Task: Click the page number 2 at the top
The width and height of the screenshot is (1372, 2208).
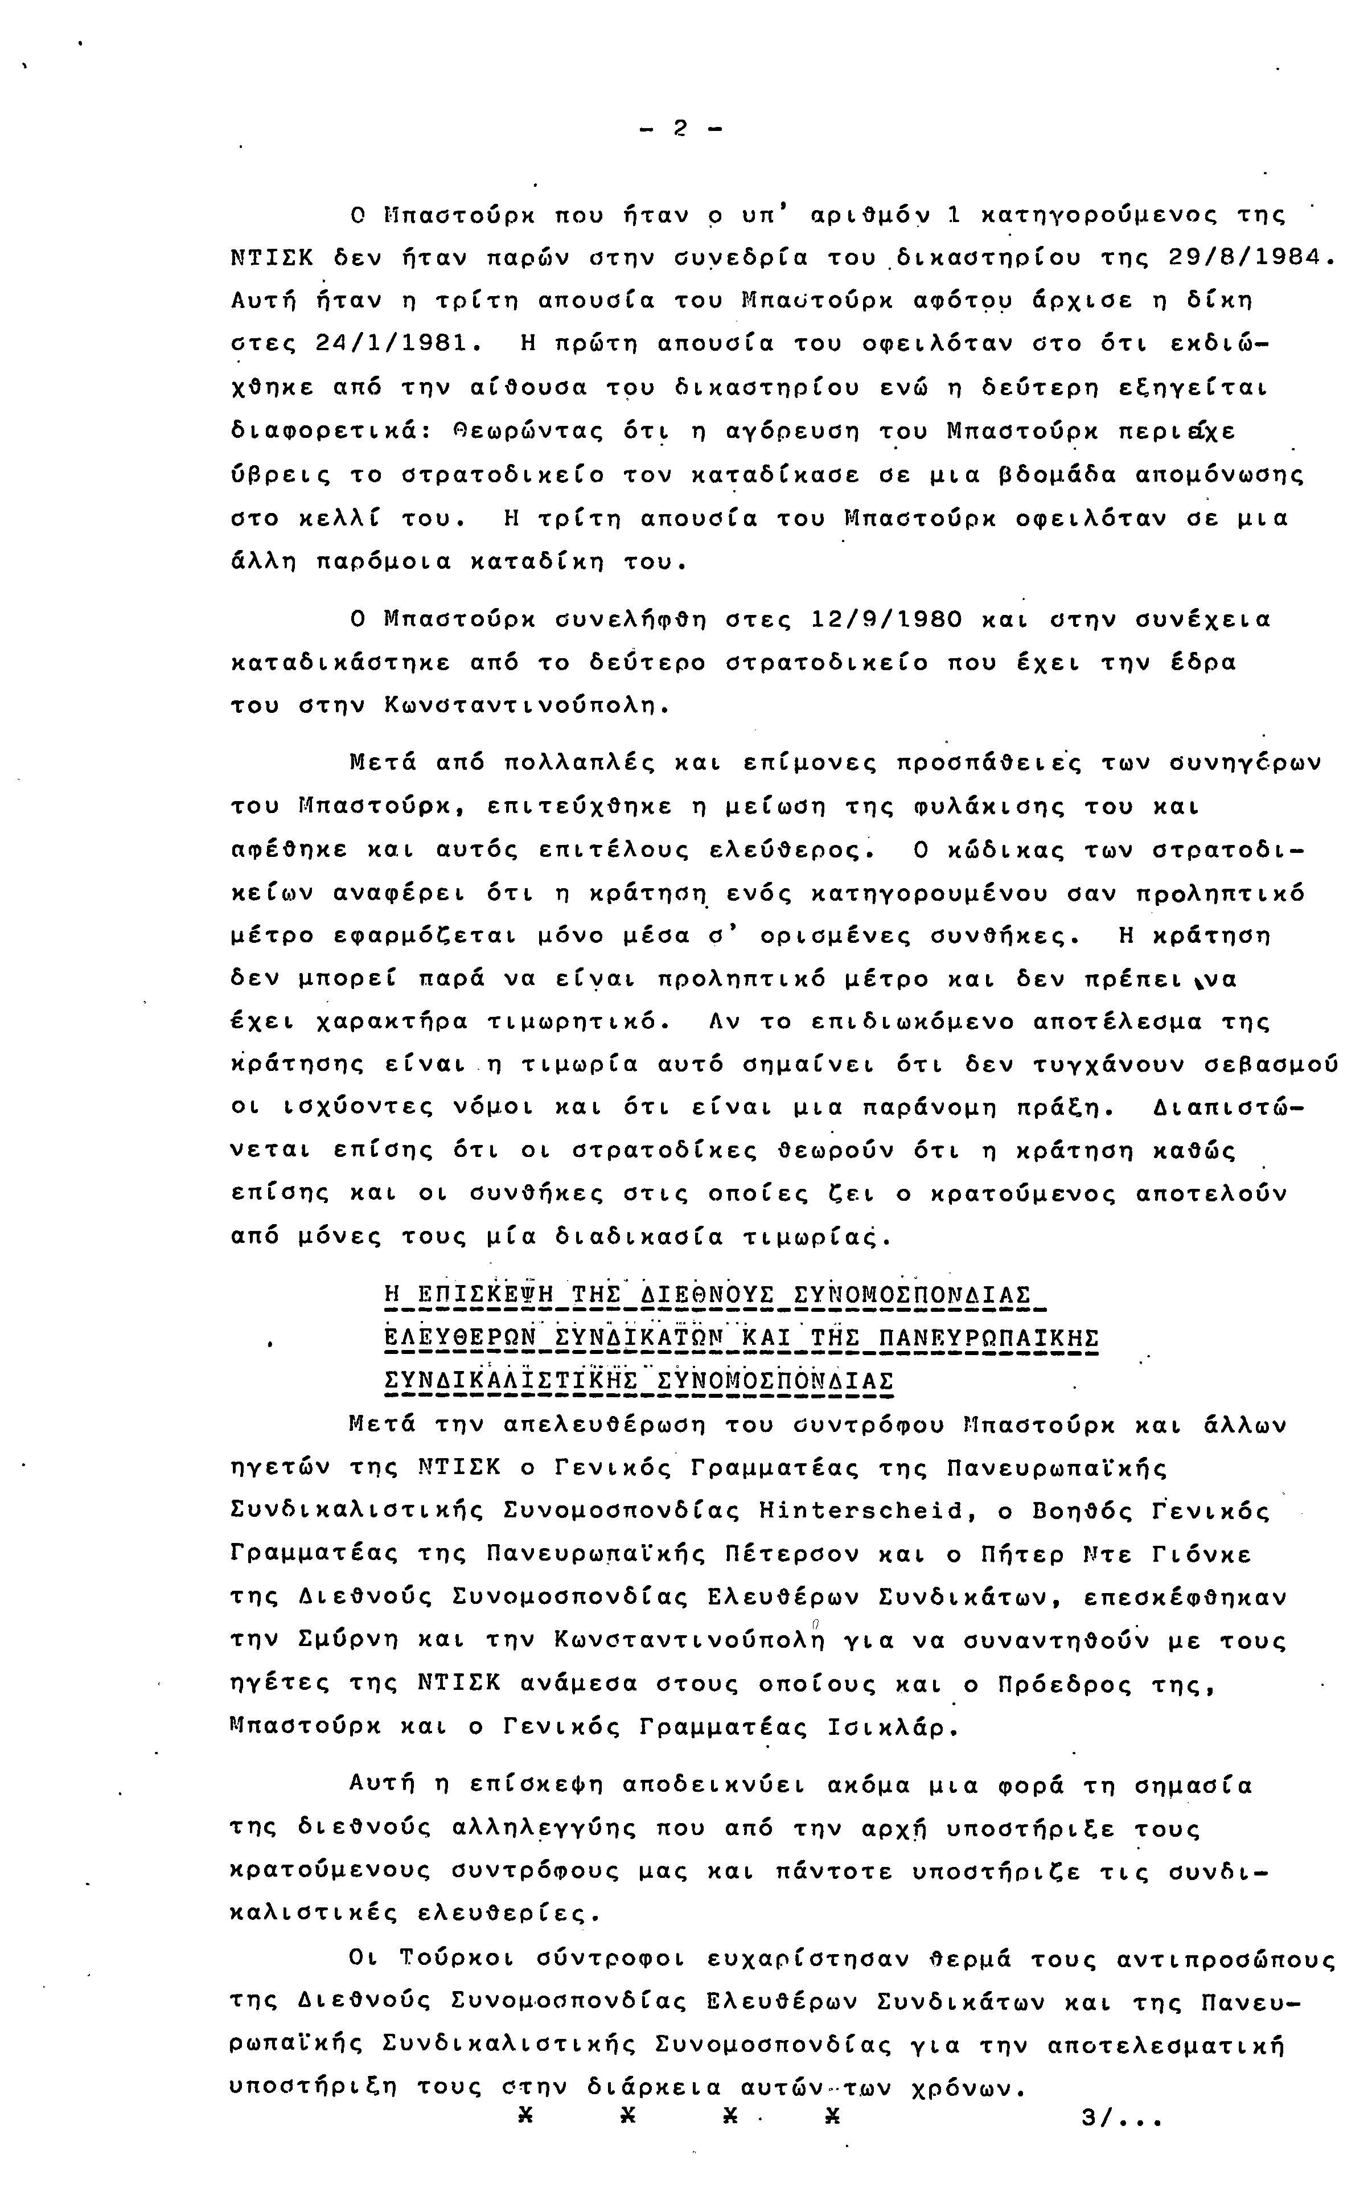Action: pos(680,129)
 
